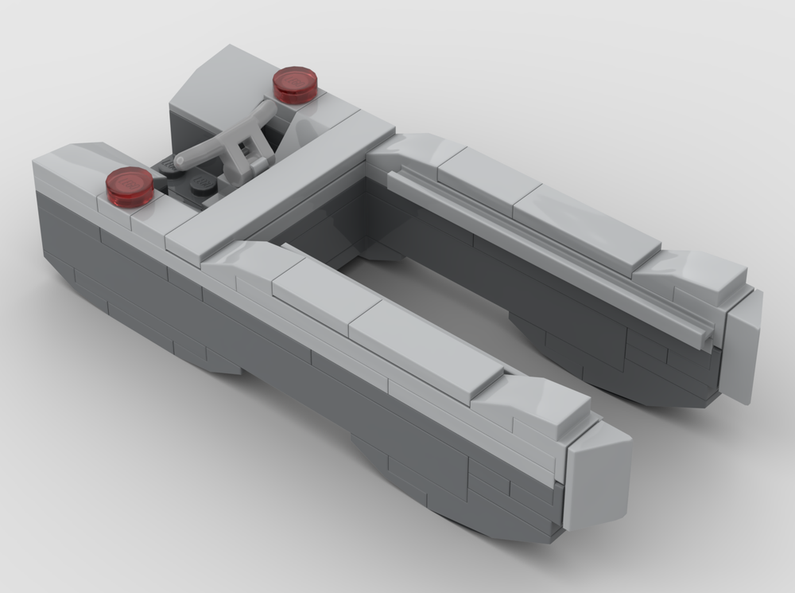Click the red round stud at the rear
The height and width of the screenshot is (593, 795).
click(295, 84)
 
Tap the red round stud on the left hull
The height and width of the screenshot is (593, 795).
click(129, 186)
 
